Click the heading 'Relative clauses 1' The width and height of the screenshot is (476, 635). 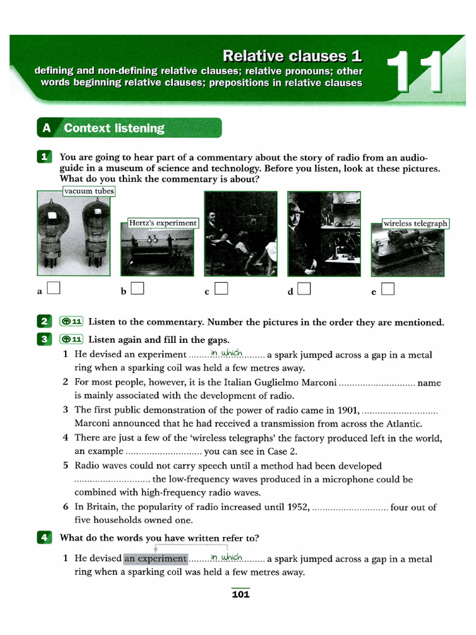pyautogui.click(x=292, y=56)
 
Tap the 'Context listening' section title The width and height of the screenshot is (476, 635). pyautogui.click(x=114, y=128)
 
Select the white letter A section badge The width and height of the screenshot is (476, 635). pyautogui.click(x=46, y=128)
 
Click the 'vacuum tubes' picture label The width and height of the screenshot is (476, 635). pyautogui.click(x=89, y=192)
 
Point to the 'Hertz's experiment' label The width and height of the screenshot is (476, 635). pyautogui.click(x=162, y=223)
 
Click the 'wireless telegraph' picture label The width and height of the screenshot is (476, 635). pyautogui.click(x=415, y=223)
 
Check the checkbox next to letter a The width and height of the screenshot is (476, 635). pyautogui.click(x=53, y=288)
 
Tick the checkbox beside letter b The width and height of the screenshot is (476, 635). pyautogui.click(x=137, y=288)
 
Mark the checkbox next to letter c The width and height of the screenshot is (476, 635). pyautogui.click(x=221, y=288)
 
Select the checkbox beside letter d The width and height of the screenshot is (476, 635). pyautogui.click(x=304, y=288)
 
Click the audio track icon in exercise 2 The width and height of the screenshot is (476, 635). pyautogui.click(x=71, y=321)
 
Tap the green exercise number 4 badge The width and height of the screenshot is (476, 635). pyautogui.click(x=43, y=538)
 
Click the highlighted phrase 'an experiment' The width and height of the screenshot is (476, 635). pyautogui.click(x=156, y=558)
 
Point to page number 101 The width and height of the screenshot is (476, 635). pyautogui.click(x=240, y=595)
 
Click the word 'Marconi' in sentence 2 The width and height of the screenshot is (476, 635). pyautogui.click(x=316, y=383)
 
